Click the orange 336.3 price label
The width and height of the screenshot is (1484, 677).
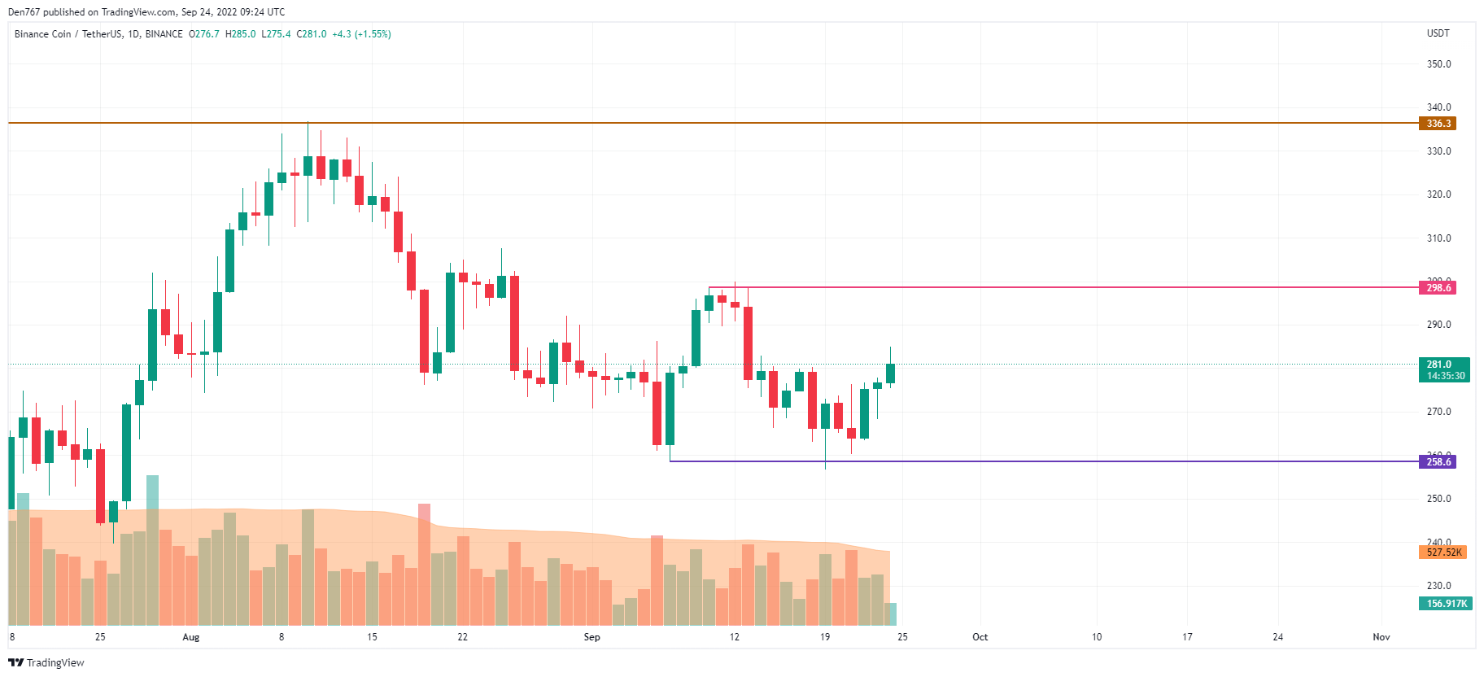point(1438,124)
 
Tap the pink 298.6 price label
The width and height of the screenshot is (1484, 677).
point(1438,288)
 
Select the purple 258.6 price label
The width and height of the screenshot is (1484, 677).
point(1438,462)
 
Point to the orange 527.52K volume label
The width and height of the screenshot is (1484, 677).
point(1443,553)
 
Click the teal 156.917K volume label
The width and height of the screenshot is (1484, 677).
point(1446,604)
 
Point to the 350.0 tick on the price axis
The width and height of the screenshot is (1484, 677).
point(1438,64)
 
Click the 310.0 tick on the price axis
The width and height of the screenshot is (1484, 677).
point(1438,238)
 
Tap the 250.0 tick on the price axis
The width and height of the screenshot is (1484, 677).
point(1438,499)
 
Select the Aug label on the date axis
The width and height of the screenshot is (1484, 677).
point(191,637)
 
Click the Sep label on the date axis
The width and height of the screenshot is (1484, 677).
point(591,637)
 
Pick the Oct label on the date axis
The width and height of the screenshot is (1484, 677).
point(980,637)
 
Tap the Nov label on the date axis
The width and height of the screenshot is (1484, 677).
point(1381,637)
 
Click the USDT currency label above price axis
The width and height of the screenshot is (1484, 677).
point(1438,33)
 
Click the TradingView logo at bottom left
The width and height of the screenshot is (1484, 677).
point(46,662)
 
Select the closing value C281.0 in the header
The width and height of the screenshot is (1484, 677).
point(312,34)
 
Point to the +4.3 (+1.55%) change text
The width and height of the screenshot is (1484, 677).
point(361,34)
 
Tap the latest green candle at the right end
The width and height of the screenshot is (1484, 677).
point(890,373)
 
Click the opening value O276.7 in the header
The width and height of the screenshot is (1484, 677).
point(204,34)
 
